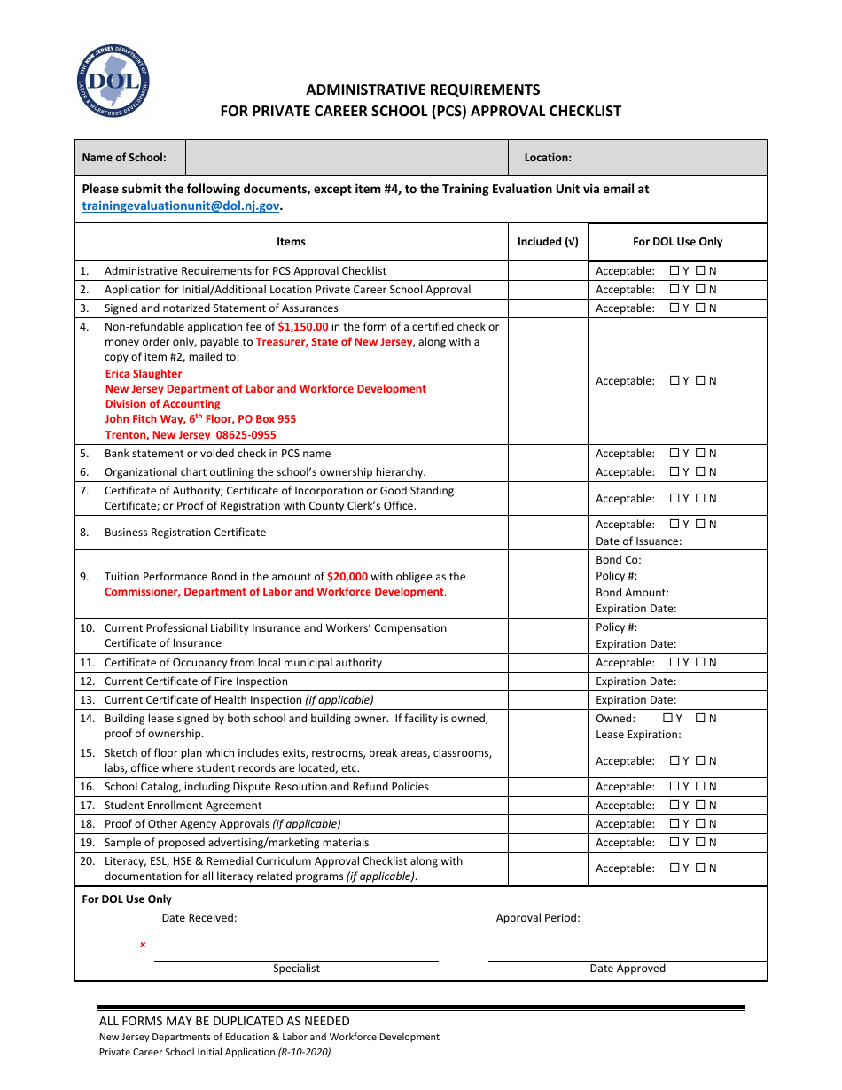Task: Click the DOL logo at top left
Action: click(x=113, y=82)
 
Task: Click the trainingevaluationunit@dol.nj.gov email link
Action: click(x=181, y=205)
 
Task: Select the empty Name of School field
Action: click(x=347, y=158)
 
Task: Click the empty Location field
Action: click(x=677, y=158)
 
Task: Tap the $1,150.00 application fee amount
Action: click(x=302, y=326)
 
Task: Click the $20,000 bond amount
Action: click(x=347, y=576)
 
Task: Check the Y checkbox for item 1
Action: click(x=674, y=271)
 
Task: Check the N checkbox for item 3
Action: click(x=700, y=308)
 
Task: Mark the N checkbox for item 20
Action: click(x=700, y=868)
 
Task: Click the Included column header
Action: click(x=548, y=242)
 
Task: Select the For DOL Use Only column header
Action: click(x=677, y=242)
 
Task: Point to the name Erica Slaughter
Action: click(x=144, y=374)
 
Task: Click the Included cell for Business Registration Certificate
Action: click(x=548, y=533)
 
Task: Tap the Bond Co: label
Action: click(x=618, y=560)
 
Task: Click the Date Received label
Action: click(x=199, y=918)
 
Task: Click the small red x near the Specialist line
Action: click(x=143, y=945)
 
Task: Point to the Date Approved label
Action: click(x=628, y=969)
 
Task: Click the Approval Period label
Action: click(x=538, y=918)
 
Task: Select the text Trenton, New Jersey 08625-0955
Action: click(x=191, y=435)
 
